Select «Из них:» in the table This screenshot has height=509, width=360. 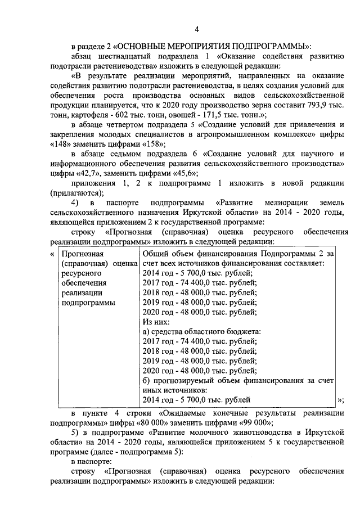154,322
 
